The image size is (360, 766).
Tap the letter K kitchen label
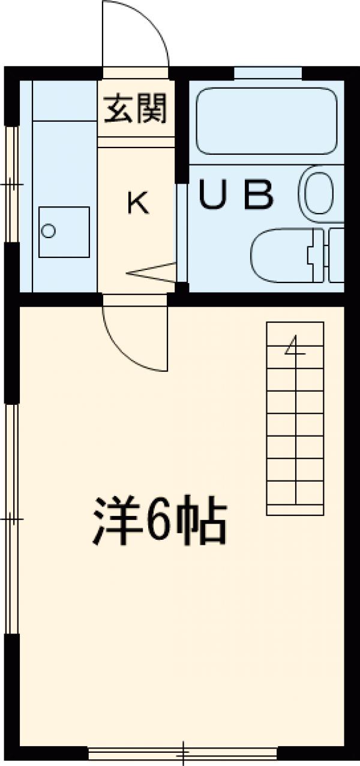coord(137,203)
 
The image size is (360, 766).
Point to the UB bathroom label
coord(236,195)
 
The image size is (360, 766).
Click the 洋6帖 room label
coord(160,519)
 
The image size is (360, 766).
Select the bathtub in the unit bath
coord(266,121)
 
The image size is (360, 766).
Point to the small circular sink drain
coord(49,230)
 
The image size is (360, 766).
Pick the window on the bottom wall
coord(182,751)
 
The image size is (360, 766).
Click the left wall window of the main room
coord(11,518)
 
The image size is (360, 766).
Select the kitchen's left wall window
coord(11,184)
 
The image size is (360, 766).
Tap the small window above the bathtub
coord(267,73)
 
